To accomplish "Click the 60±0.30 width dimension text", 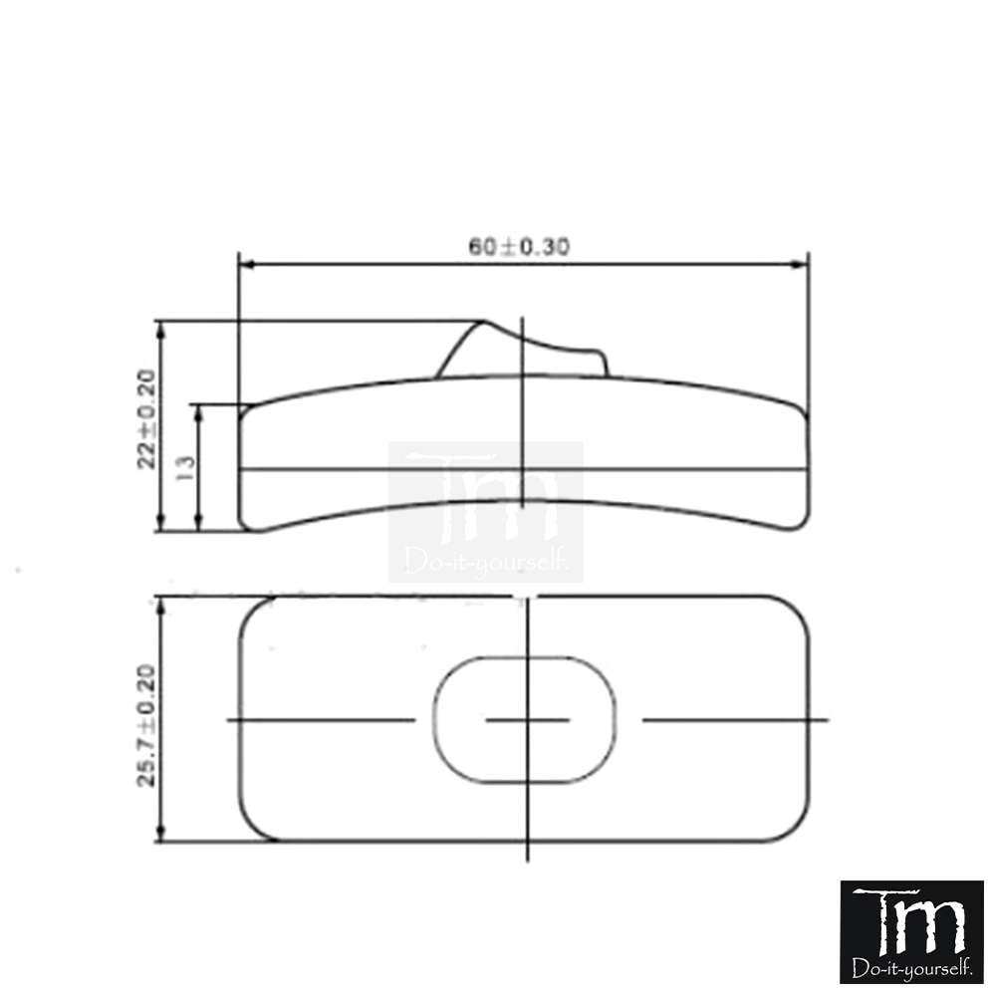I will (519, 246).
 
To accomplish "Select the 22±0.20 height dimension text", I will (147, 418).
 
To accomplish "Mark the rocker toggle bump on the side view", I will (522, 351).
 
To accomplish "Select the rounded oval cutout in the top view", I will (525, 719).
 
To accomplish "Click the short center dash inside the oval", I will (527, 719).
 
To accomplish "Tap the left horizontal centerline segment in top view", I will (321, 719).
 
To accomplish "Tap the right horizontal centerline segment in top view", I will (734, 719).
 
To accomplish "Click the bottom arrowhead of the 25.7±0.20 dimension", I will (161, 835).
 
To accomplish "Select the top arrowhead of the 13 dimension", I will (199, 410).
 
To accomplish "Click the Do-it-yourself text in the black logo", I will (911, 967).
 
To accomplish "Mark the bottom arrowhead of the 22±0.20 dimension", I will (161, 525).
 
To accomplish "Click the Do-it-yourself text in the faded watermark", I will (487, 564).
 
